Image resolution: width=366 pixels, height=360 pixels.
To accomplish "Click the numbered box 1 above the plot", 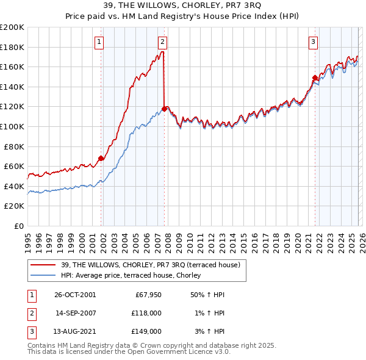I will tap(99, 42).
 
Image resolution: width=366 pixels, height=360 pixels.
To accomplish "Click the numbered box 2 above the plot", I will tap(162, 42).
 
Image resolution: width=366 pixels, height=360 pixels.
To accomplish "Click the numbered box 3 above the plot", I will tap(313, 42).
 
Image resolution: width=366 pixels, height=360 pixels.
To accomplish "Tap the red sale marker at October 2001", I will tap(101, 158).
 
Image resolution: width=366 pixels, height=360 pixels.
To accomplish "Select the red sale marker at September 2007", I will tap(164, 109).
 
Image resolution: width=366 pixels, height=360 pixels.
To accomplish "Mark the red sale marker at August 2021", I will tap(315, 77).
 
